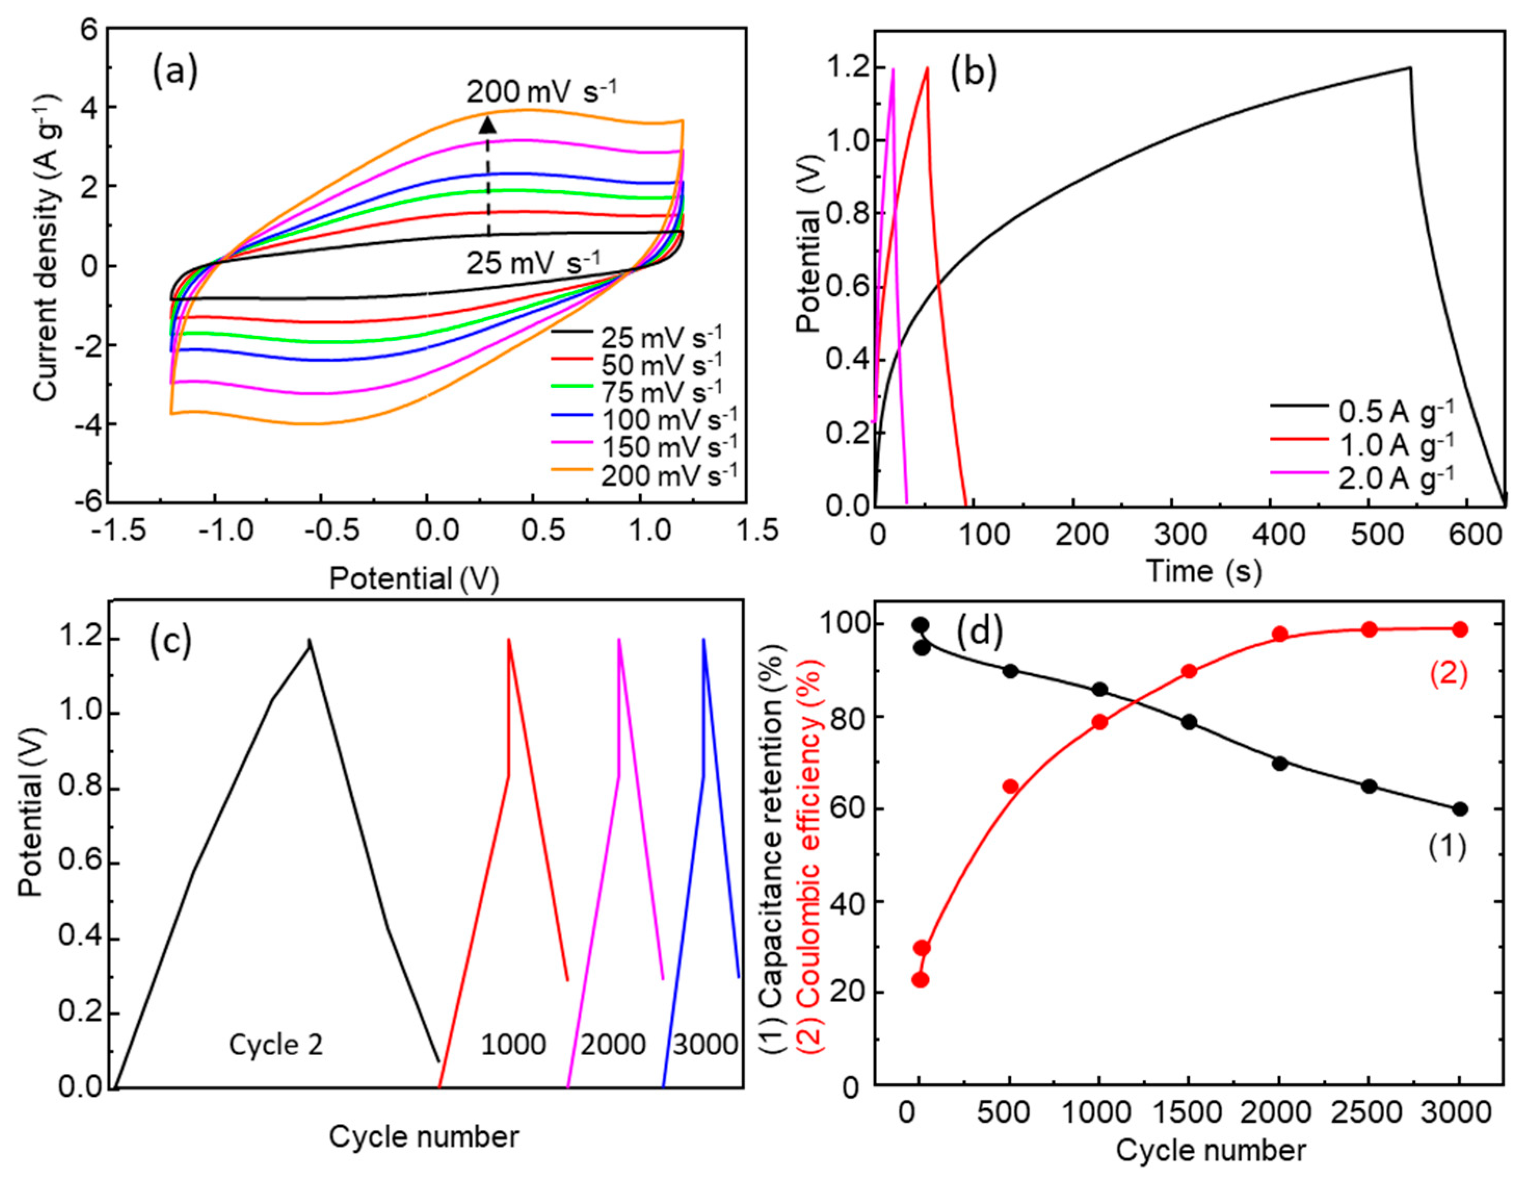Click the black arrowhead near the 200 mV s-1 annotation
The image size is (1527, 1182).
(487, 125)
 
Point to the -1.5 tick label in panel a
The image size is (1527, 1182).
(119, 532)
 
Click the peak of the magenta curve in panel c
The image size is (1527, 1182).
(619, 640)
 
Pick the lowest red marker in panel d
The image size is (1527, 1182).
(920, 980)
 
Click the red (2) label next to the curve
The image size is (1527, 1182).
(1448, 675)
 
